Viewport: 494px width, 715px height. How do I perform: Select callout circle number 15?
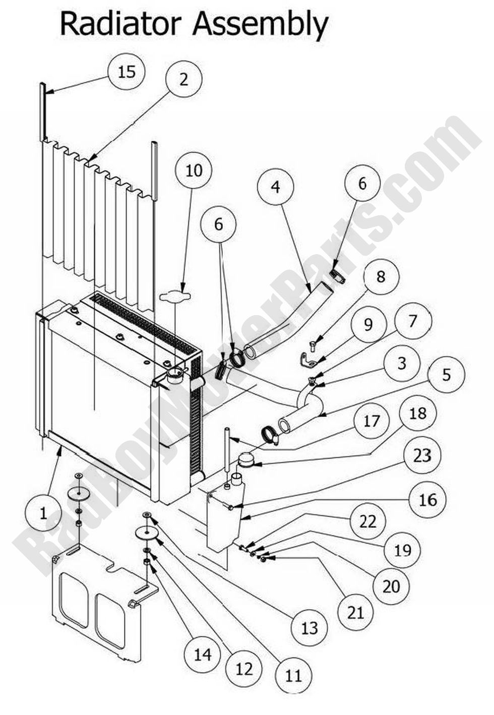pos(127,72)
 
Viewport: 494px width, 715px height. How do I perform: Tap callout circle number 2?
pos(183,79)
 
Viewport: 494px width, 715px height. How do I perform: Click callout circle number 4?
pos(275,187)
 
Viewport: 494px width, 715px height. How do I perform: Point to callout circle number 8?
pos(380,276)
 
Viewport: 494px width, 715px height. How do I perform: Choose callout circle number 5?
pos(446,375)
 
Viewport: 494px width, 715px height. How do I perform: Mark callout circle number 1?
pos(43,513)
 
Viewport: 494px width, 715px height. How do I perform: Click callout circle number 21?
pos(356,612)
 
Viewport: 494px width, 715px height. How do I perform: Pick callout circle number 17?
pos(371,421)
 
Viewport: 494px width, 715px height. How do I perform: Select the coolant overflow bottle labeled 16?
pos(224,519)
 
